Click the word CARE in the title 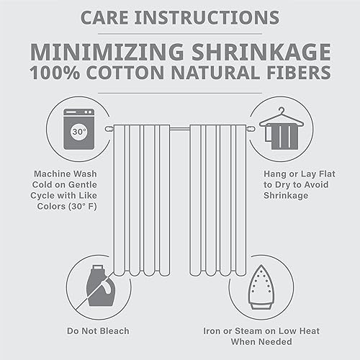click(104, 18)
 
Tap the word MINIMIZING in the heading click(107, 52)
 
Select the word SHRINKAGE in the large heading click(261, 52)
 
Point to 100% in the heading click(55, 73)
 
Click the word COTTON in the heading click(125, 73)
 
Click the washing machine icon click(78, 129)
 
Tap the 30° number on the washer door click(79, 132)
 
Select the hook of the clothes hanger click(282, 110)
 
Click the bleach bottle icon click(99, 285)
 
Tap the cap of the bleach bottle click(98, 268)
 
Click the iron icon click(261, 287)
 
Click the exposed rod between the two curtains click(180, 129)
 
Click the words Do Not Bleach click(98, 331)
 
